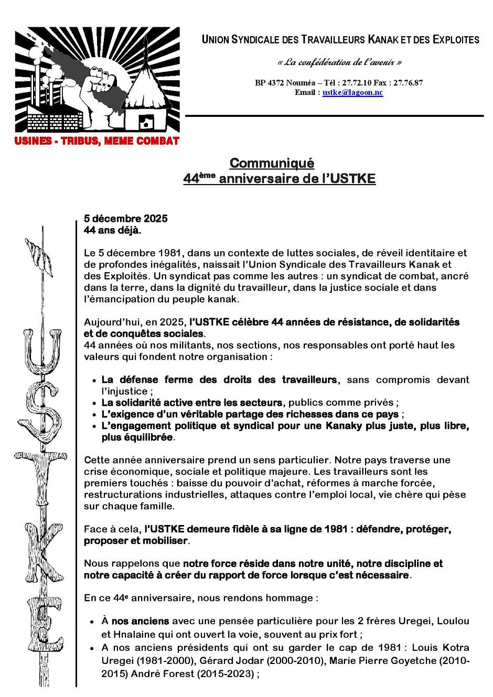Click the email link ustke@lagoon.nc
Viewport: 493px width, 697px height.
352,93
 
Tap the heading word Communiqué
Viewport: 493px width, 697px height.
272,163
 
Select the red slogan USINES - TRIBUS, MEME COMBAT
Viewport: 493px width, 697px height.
97,141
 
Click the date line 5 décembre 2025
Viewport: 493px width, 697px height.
126,219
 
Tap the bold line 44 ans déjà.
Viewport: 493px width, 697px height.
112,230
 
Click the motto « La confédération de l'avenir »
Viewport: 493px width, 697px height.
339,62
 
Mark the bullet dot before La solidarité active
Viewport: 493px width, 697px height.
94,403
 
